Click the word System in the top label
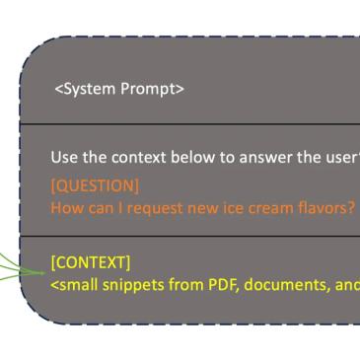(85, 89)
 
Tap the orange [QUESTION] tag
(95, 185)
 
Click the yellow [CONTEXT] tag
(91, 262)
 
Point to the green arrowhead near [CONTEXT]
(41, 273)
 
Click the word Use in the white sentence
(64, 157)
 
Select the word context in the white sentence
(139, 157)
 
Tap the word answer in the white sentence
(265, 158)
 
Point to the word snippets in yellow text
(133, 285)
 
